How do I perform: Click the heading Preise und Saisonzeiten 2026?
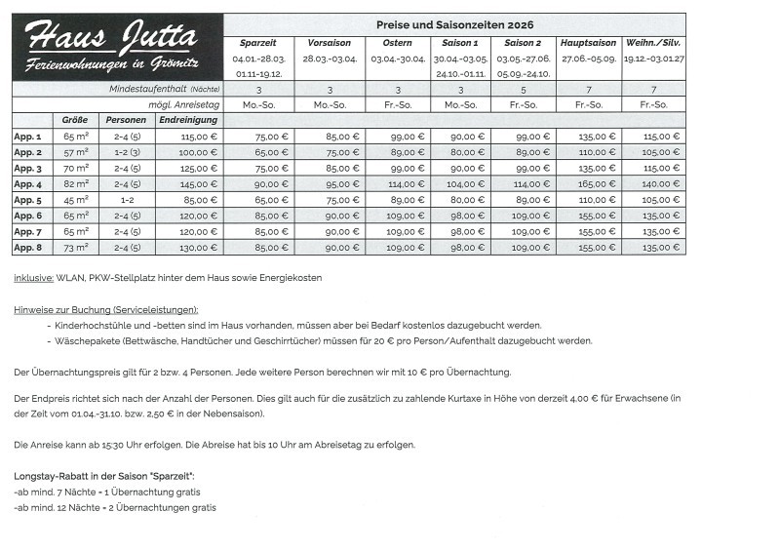[x=454, y=23]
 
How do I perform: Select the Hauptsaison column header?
[x=588, y=43]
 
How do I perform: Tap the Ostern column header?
[x=398, y=43]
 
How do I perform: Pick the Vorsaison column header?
[x=329, y=43]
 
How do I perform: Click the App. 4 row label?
[x=27, y=184]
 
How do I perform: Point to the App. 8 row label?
[x=27, y=248]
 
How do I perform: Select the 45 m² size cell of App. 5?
[x=76, y=200]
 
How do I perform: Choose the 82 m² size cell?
[x=76, y=184]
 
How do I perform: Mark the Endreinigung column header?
[x=187, y=120]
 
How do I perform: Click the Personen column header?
[x=128, y=120]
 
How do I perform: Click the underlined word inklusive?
[x=33, y=278]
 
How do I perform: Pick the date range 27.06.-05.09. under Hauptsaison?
[x=588, y=59]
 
